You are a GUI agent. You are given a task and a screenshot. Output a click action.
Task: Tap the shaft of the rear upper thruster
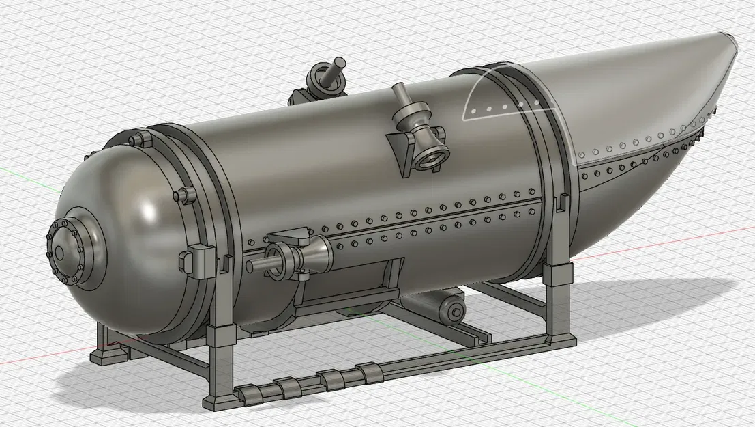click(336, 71)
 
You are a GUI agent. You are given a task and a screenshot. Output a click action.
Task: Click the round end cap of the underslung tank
click(453, 312)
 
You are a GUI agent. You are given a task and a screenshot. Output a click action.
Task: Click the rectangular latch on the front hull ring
click(195, 260)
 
